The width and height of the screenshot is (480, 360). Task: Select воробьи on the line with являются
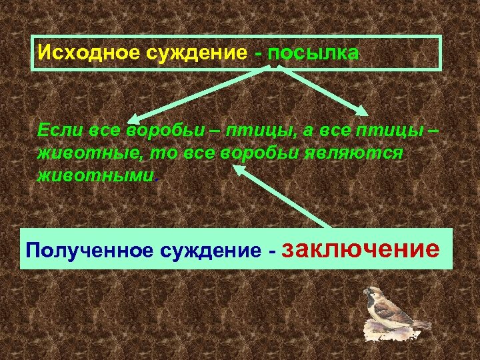tap(273, 153)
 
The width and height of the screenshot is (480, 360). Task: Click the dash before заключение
tap(271, 252)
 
